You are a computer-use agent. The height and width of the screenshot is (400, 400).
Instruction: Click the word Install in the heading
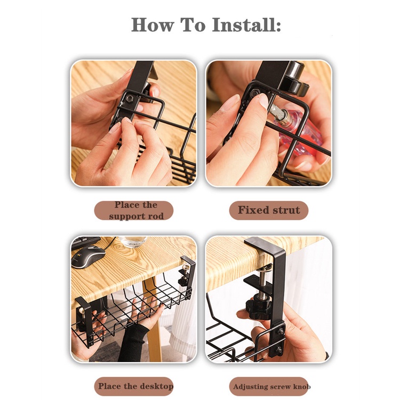point(246,25)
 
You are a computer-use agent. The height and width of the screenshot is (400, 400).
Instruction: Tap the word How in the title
point(153,25)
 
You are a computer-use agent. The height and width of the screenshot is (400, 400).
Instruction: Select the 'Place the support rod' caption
point(136,211)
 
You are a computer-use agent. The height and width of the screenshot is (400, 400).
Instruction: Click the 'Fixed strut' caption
point(269,210)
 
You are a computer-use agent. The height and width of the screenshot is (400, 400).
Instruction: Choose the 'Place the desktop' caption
point(135,386)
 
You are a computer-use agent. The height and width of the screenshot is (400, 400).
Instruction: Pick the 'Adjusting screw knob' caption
point(271,387)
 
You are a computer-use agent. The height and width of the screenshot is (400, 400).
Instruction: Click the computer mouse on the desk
point(89,256)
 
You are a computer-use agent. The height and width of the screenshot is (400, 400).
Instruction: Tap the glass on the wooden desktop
point(133,242)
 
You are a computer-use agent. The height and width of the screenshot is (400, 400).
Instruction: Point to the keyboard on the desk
point(86,242)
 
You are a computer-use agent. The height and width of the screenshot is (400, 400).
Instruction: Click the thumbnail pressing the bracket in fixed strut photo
point(263,100)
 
